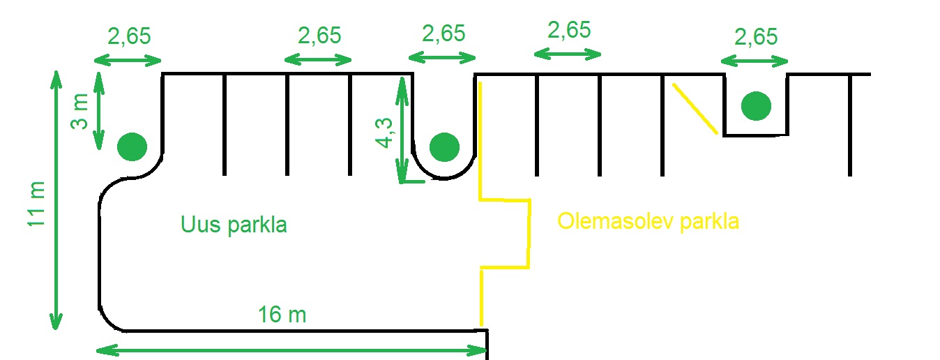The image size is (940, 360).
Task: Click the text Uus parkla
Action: tap(234, 225)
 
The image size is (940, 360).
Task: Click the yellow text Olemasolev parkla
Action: tap(648, 222)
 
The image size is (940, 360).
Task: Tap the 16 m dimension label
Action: tap(282, 315)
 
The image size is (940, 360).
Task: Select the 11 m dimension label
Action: tap(36, 203)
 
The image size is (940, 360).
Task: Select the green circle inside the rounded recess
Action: tap(444, 147)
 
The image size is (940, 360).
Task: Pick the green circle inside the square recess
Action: tap(756, 106)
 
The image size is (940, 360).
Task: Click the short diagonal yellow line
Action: tap(695, 107)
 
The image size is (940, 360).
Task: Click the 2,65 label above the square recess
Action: tap(756, 36)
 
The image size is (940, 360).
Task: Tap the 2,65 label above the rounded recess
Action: tap(444, 33)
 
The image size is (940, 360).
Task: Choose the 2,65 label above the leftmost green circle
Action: tap(128, 36)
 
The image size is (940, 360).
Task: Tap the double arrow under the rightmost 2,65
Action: tap(756, 60)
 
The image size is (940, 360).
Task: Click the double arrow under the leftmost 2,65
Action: tap(129, 60)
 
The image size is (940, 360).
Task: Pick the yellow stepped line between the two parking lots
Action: tap(529, 233)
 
